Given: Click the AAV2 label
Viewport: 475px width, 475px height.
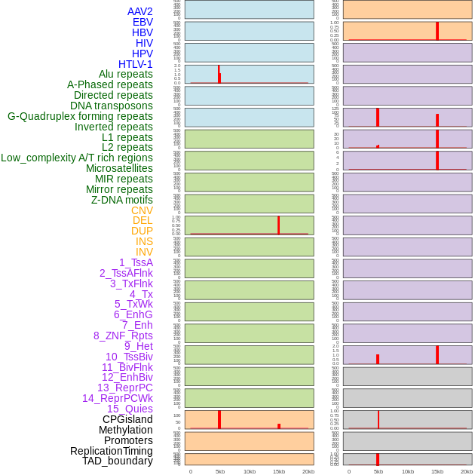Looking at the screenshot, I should (139, 11).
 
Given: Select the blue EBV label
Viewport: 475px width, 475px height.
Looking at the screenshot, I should (142, 22).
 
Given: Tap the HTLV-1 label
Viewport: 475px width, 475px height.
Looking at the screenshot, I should (135, 64).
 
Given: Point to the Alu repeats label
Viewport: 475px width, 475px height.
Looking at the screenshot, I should (125, 74).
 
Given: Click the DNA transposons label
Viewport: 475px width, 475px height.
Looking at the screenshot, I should (111, 106).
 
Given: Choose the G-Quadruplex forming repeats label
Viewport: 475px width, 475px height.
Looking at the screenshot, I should (80, 116).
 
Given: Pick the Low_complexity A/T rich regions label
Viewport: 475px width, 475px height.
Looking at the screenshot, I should (76, 158).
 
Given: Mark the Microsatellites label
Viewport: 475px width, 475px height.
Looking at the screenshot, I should (119, 168).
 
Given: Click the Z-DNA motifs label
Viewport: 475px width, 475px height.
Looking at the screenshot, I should (121, 200).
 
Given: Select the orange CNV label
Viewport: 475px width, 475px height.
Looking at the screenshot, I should (142, 210).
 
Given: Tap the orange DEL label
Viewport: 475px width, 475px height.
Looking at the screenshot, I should (142, 220).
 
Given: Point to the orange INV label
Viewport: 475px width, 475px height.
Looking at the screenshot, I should (144, 252).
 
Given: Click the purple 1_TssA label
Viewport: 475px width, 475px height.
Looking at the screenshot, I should (136, 262).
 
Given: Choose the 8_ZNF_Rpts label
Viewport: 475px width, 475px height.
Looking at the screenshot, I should (123, 336).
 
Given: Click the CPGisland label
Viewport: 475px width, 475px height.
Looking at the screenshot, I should (127, 419).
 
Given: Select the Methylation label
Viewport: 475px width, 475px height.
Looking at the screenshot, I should (125, 430).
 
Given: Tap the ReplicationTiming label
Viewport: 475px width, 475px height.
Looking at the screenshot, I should (111, 451).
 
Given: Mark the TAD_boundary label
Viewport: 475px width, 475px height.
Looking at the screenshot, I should (117, 461).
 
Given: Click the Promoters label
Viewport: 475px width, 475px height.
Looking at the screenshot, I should (128, 440).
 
